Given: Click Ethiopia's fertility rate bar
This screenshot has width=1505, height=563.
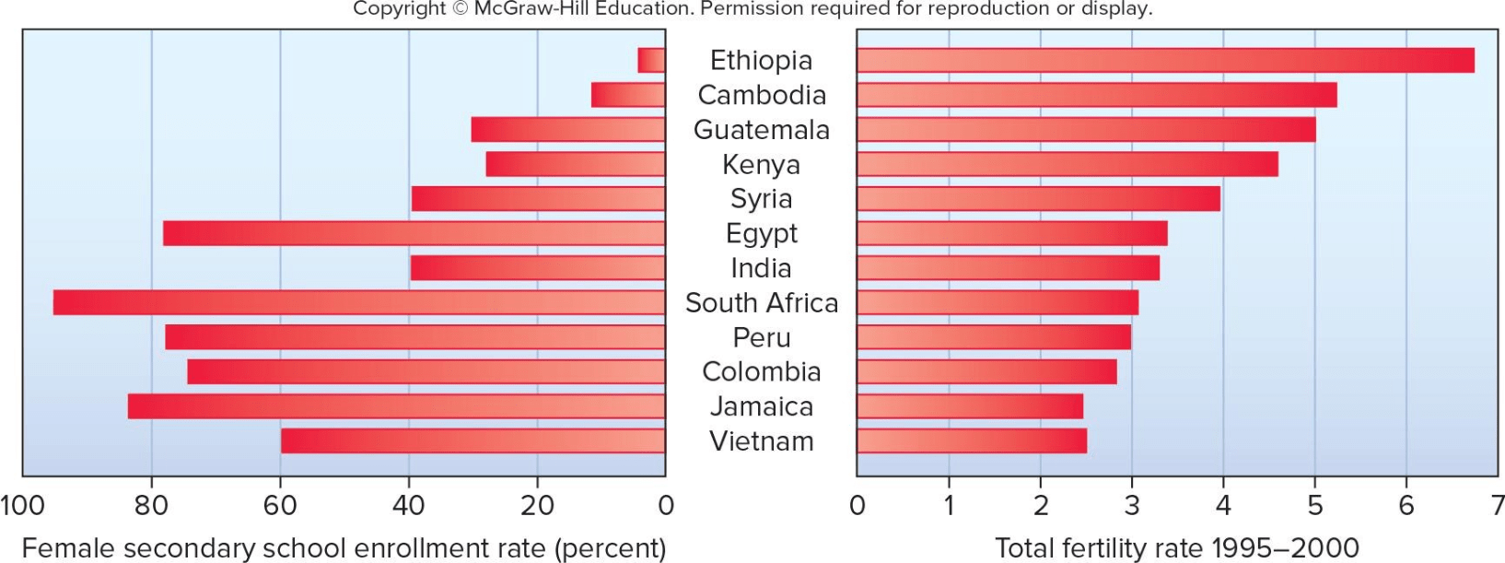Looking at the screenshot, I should [1165, 60].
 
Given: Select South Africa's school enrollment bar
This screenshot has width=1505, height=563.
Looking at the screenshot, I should [359, 302].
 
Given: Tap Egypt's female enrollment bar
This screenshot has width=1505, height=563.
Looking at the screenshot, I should [414, 233].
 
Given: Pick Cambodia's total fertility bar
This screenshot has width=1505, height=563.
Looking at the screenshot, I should [1096, 95].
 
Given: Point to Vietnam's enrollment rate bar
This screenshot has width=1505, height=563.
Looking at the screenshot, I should [472, 440].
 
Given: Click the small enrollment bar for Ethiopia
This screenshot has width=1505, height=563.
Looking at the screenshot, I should [651, 60].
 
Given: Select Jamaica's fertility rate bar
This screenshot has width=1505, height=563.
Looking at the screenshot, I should [970, 406].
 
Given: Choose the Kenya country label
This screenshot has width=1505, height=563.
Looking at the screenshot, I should [761, 164].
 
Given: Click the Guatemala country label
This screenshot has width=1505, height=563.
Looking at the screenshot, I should [761, 130].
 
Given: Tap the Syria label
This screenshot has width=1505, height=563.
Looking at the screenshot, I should [761, 199].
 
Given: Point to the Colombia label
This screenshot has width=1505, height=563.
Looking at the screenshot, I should [761, 371].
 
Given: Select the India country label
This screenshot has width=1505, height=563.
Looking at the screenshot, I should [761, 268].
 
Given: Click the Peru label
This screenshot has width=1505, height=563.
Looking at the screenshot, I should [761, 337].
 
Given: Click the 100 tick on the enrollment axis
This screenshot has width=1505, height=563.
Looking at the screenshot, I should [22, 505].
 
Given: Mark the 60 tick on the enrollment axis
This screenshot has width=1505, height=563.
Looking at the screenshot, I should [280, 505].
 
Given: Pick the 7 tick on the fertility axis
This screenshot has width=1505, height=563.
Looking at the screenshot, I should [1498, 505].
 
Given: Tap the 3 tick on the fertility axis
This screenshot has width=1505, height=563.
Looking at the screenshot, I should [1131, 505].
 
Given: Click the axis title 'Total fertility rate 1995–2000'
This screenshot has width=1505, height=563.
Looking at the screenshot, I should [1177, 548].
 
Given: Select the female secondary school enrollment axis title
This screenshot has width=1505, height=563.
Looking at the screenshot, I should [344, 548].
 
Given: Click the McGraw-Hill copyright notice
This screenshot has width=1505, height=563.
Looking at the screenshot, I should [752, 9].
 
